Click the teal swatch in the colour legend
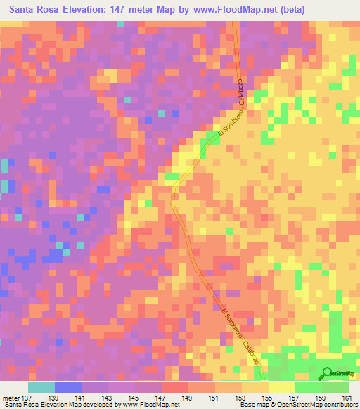tap(41, 387)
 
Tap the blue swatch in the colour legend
tap(68, 387)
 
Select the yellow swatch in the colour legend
tap(281, 387)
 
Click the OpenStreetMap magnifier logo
tap(327, 373)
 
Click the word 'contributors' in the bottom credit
tap(335, 405)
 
